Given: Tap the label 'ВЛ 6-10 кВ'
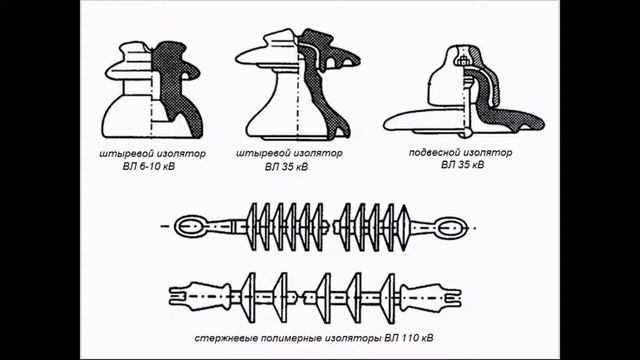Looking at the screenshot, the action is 149,167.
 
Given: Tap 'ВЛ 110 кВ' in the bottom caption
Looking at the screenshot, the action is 409,338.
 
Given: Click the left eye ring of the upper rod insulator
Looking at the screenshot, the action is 190,226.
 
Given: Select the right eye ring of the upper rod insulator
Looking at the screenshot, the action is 451,227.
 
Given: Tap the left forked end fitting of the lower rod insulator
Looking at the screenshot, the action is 200,296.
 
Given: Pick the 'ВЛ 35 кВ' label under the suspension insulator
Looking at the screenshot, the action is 462,165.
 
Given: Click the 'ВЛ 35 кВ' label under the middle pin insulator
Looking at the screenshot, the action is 286,167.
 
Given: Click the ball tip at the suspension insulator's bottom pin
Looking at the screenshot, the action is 467,133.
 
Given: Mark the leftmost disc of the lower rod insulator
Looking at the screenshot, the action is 249,298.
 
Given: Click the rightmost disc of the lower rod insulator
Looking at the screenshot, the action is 388,298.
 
